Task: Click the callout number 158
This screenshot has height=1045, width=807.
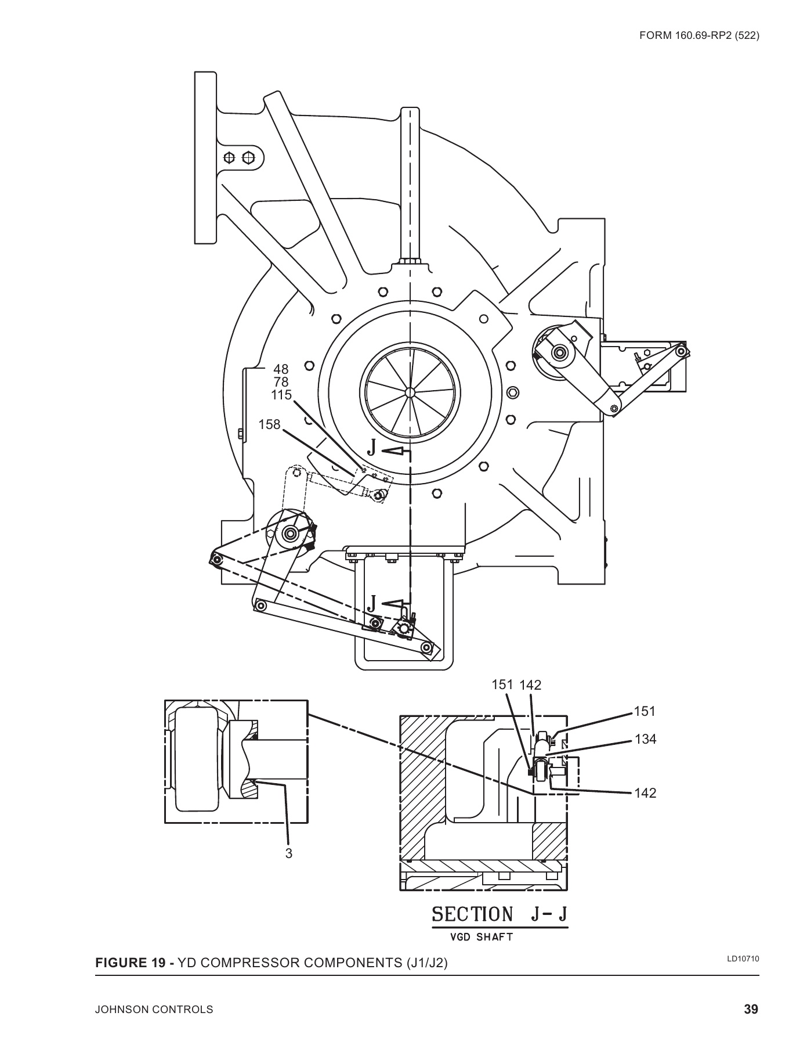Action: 269,425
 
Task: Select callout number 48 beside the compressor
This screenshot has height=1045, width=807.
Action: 281,369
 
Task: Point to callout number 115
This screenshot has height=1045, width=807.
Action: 281,395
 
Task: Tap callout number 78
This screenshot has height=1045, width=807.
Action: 281,382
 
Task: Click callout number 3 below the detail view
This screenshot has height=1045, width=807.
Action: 288,853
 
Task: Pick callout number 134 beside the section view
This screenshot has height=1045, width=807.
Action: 645,739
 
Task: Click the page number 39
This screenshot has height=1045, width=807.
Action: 751,1009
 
